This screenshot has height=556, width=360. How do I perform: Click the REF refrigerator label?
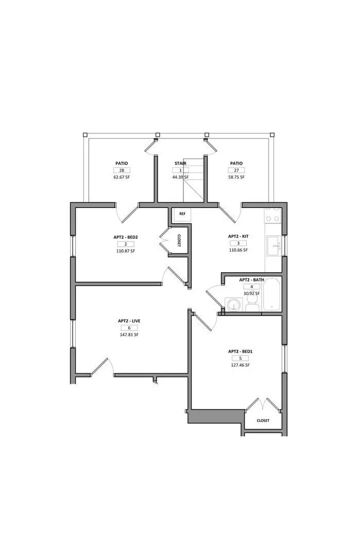(182, 214)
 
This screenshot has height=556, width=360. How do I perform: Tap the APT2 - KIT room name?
(238, 236)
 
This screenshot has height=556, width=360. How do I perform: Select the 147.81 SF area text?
(129, 335)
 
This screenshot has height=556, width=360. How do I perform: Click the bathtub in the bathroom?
(271, 294)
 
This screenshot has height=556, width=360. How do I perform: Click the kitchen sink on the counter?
(273, 247)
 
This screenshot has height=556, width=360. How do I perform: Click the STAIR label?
(180, 163)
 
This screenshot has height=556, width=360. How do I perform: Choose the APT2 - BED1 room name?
(240, 352)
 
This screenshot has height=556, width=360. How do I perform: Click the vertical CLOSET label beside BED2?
(179, 240)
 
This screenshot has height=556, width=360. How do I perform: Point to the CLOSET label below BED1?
(263, 421)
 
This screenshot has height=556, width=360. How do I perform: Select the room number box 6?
(129, 328)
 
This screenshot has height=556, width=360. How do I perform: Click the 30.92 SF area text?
(252, 293)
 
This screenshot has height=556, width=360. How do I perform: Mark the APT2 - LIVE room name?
(129, 321)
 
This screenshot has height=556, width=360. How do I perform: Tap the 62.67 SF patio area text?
(122, 177)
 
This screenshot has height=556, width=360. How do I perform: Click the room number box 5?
(240, 358)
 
